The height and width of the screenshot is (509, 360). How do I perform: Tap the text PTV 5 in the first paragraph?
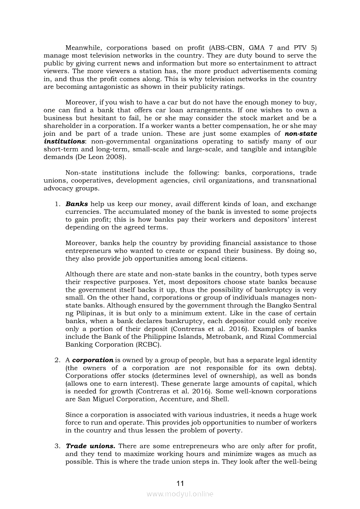tap(307, 48)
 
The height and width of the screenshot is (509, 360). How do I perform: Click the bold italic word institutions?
tap(64, 142)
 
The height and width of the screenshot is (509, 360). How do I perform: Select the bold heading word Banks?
tap(77, 204)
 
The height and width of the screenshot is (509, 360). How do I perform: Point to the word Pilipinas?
tap(83, 313)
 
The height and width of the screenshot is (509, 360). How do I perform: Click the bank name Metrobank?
tap(222, 337)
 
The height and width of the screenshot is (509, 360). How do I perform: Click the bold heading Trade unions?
tap(90, 446)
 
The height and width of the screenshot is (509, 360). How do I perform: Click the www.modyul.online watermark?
tap(180, 494)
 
